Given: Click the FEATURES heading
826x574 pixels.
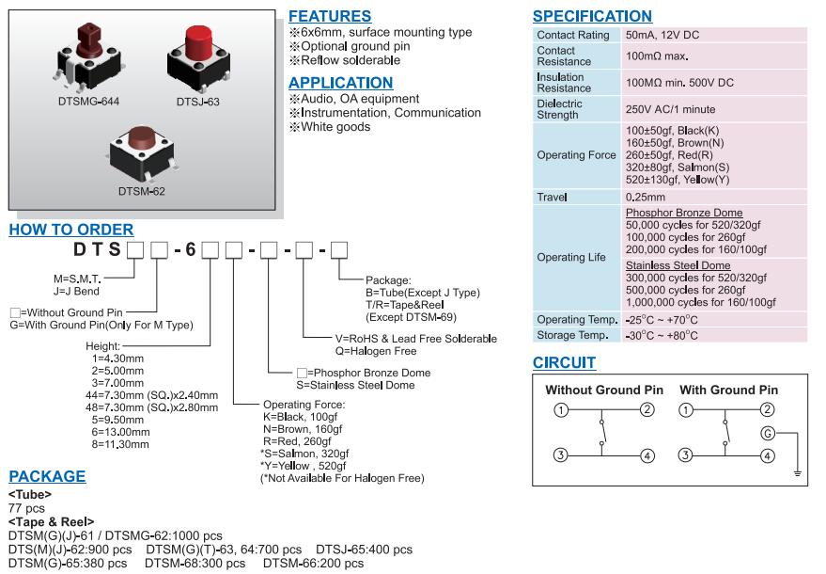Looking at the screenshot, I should (x=329, y=16).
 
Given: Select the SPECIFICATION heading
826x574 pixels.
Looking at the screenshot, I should (x=592, y=16).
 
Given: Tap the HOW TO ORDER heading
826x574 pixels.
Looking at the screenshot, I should (x=70, y=230).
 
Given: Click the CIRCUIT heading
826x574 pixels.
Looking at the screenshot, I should (x=564, y=363).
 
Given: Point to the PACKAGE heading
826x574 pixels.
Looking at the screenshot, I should (x=47, y=476).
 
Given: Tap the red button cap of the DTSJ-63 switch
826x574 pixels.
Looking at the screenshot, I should (x=199, y=42).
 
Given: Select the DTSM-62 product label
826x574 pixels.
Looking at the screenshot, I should (x=142, y=191).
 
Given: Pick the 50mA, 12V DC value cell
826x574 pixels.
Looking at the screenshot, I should (x=662, y=35).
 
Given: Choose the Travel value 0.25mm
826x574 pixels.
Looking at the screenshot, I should (x=646, y=198).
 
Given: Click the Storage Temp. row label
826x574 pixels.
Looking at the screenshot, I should (x=570, y=335).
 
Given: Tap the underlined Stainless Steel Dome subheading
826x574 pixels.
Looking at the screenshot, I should (x=683, y=266).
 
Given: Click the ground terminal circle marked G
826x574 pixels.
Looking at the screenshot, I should (x=768, y=433).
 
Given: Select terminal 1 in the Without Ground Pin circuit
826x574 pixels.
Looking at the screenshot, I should (x=561, y=409).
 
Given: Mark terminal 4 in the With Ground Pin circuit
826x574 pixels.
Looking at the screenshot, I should (x=768, y=455).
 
